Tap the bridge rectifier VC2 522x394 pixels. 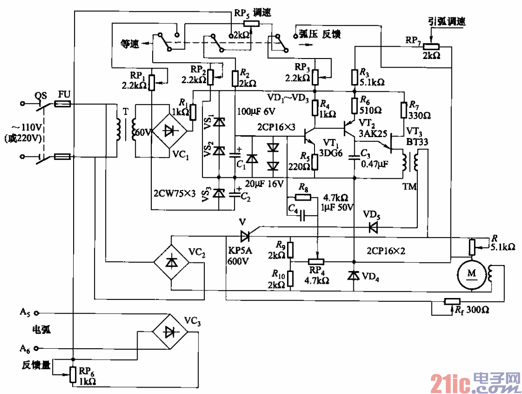tap(171, 262)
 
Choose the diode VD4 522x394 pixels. tap(353, 276)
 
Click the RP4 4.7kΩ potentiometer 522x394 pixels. tap(316, 262)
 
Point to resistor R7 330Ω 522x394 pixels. tap(404, 111)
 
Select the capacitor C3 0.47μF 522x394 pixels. tap(354, 158)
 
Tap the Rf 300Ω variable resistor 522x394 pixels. tap(452, 301)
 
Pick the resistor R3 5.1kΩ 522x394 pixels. tap(354, 77)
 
